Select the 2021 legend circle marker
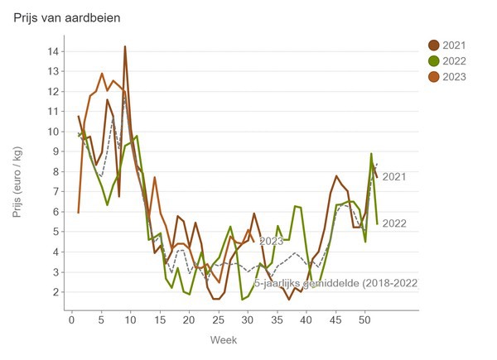[x=433, y=45]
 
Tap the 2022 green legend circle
[x=433, y=61]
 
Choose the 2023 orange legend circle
[x=433, y=77]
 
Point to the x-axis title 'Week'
[x=224, y=339]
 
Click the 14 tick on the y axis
[x=54, y=51]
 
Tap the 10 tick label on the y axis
[x=54, y=132]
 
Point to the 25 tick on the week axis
[x=218, y=319]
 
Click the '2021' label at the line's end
[x=394, y=176]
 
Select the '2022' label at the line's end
[x=394, y=223]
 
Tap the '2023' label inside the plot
[x=271, y=242]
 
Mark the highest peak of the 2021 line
[x=125, y=47]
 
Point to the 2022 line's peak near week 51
[x=371, y=154]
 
